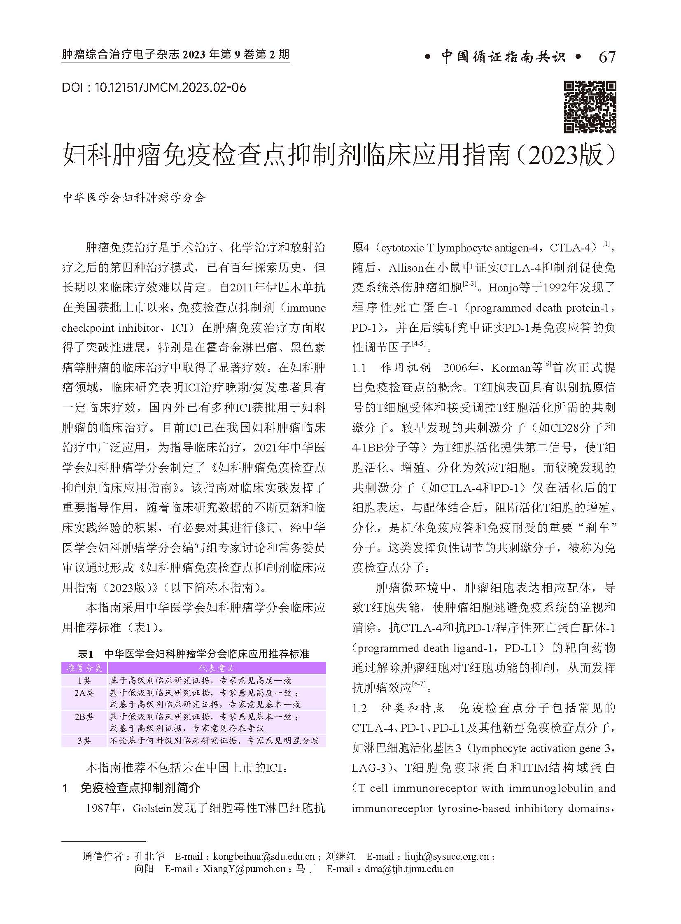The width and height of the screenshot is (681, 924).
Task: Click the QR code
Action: coord(590,107)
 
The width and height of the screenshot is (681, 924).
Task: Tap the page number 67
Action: coord(607,57)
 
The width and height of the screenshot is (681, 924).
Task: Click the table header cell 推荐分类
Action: coord(84,668)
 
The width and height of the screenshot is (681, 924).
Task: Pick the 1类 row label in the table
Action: coord(84,680)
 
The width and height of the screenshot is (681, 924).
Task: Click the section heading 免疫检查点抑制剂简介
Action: coord(140,789)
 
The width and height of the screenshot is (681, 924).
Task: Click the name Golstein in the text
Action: coord(152,809)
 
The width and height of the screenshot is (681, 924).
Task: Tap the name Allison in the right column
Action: coord(406,268)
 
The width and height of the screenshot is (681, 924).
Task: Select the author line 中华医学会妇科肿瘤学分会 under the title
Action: coord(134,198)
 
